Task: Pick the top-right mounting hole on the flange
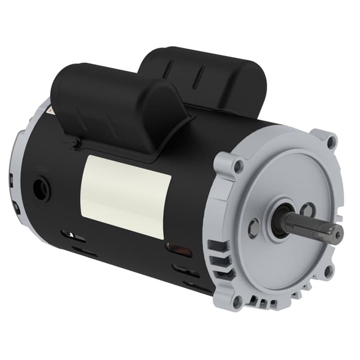click(331, 141)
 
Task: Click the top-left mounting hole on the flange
click(239, 166)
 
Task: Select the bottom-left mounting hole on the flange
click(237, 301)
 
